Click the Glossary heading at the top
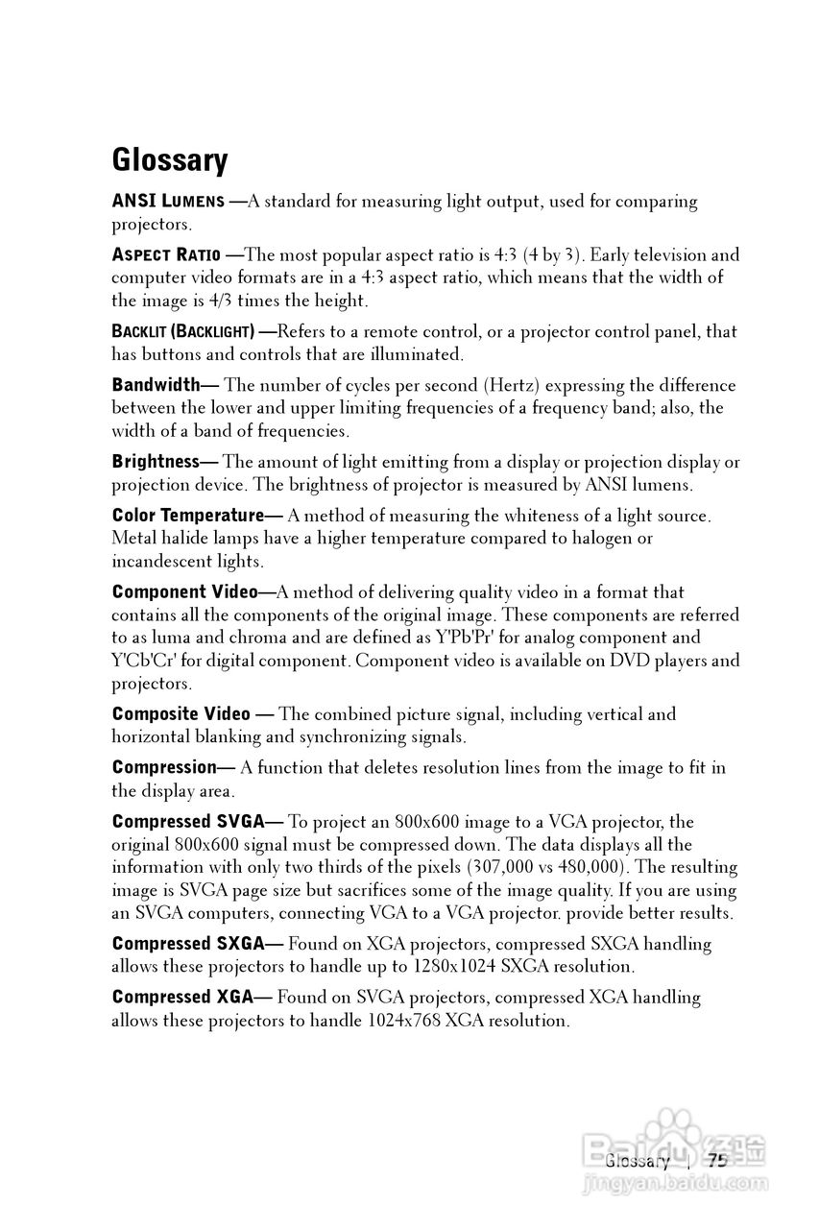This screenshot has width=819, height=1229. [x=169, y=159]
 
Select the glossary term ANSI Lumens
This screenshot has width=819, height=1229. [x=168, y=202]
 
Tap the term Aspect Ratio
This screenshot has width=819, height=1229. [x=165, y=255]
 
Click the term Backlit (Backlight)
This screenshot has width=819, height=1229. [x=182, y=332]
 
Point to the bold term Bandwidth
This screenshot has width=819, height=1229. [x=156, y=385]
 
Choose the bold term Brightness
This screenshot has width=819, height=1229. [x=155, y=462]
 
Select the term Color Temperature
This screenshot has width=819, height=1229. [x=187, y=516]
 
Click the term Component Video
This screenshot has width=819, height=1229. [x=184, y=592]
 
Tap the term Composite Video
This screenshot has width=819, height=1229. [x=181, y=714]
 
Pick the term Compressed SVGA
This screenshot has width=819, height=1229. [x=187, y=822]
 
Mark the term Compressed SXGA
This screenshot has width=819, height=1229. [x=187, y=944]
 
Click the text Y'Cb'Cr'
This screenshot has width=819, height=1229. [x=143, y=661]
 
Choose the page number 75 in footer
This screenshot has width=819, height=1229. [x=718, y=1161]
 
